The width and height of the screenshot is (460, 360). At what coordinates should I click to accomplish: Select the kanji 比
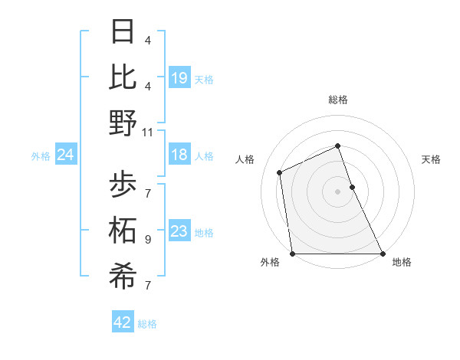pyautogui.click(x=123, y=77)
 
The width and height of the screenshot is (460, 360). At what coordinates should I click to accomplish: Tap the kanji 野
pyautogui.click(x=123, y=123)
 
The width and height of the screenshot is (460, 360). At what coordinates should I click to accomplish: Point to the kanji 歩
pyautogui.click(x=123, y=185)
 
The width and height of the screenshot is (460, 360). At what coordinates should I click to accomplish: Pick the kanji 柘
pyautogui.click(x=123, y=231)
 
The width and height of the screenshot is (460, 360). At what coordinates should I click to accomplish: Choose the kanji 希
pyautogui.click(x=123, y=277)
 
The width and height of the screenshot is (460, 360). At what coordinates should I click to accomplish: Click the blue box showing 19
pyautogui.click(x=179, y=77)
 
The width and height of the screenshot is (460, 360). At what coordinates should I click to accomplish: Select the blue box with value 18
pyautogui.click(x=179, y=155)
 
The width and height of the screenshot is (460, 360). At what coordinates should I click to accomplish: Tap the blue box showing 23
pyautogui.click(x=179, y=231)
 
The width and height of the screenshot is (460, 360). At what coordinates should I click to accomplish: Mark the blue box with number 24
pyautogui.click(x=66, y=155)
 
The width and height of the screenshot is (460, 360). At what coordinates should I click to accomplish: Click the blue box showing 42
pyautogui.click(x=123, y=322)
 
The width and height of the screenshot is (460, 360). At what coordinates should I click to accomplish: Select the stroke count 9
pyautogui.click(x=148, y=240)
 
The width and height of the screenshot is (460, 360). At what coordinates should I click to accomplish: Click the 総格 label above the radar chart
pyautogui.click(x=338, y=100)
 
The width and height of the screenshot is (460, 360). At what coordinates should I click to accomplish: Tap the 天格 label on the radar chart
pyautogui.click(x=432, y=159)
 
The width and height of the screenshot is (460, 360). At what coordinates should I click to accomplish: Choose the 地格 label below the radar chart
pyautogui.click(x=402, y=263)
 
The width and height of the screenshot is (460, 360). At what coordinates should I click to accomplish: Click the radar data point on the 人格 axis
pyautogui.click(x=280, y=172)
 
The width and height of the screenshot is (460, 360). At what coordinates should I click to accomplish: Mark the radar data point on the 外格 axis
pyautogui.click(x=292, y=254)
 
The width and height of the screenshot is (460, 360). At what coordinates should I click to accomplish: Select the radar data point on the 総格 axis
pyautogui.click(x=338, y=146)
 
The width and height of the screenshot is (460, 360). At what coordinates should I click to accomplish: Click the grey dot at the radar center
pyautogui.click(x=338, y=191)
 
